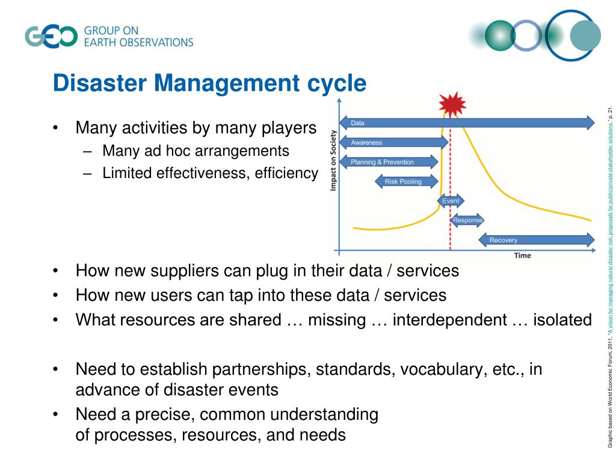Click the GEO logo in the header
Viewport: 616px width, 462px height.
click(x=51, y=36)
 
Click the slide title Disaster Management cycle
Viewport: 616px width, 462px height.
click(x=209, y=83)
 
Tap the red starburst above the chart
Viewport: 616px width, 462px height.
click(x=452, y=104)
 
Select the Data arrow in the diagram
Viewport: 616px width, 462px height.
click(x=466, y=123)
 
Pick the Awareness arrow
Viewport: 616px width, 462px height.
click(x=393, y=143)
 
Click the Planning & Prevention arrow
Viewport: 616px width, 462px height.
click(x=389, y=162)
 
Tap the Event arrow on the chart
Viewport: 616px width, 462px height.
click(x=451, y=200)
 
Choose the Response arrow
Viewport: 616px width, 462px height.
click(x=467, y=220)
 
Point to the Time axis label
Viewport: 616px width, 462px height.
click(x=522, y=256)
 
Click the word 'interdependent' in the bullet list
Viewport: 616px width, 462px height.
click(x=450, y=320)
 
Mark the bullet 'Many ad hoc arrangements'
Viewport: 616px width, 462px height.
click(x=196, y=150)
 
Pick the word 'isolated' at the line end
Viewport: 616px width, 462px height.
click(x=562, y=320)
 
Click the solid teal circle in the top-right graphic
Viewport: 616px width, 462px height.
click(x=585, y=36)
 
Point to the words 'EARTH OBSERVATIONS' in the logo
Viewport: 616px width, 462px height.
click(x=138, y=43)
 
